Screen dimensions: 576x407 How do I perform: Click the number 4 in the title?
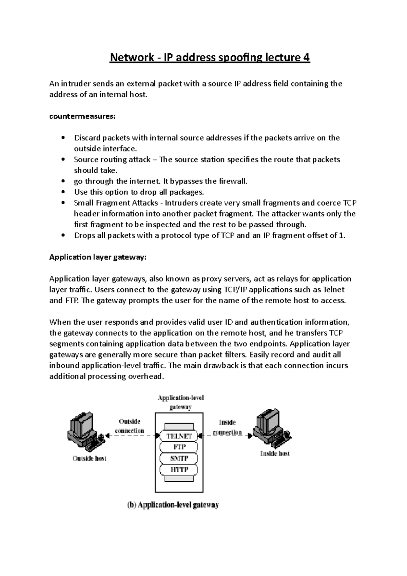(306, 58)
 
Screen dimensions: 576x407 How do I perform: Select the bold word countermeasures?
(82, 116)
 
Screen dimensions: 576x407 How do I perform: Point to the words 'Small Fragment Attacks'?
(116, 203)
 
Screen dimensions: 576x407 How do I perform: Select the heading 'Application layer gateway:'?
(98, 257)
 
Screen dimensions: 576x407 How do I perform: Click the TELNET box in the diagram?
(179, 436)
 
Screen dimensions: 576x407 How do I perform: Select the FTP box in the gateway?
(179, 447)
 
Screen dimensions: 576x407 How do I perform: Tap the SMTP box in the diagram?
(179, 458)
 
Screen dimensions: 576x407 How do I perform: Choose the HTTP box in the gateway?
(179, 470)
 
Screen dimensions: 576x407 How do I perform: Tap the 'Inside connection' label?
(227, 427)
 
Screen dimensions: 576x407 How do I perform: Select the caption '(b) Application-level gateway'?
(173, 505)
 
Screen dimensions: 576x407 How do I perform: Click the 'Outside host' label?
(89, 458)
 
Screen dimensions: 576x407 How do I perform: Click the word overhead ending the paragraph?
(148, 377)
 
